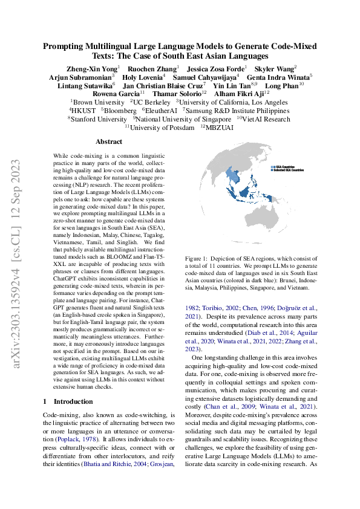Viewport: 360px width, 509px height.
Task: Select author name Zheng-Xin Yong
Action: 91,68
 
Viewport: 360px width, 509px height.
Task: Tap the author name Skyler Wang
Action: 274,68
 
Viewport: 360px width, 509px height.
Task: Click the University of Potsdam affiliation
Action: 162,128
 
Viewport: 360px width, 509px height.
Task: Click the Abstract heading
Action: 109,141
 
